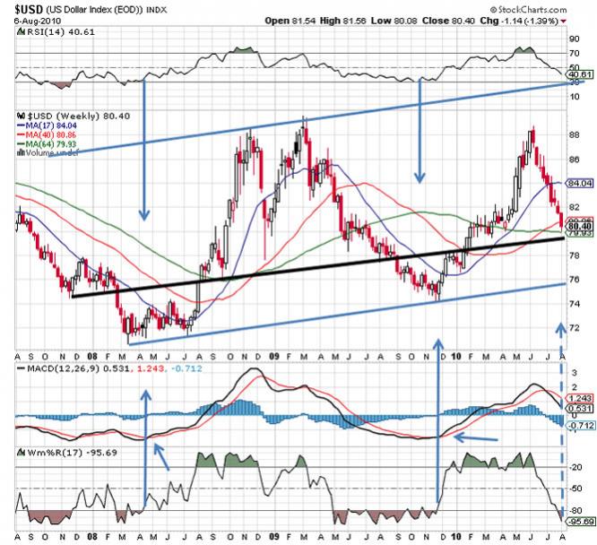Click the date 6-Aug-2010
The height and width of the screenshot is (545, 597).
[x=25, y=21]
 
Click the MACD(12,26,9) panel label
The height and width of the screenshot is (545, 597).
[x=56, y=368]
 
